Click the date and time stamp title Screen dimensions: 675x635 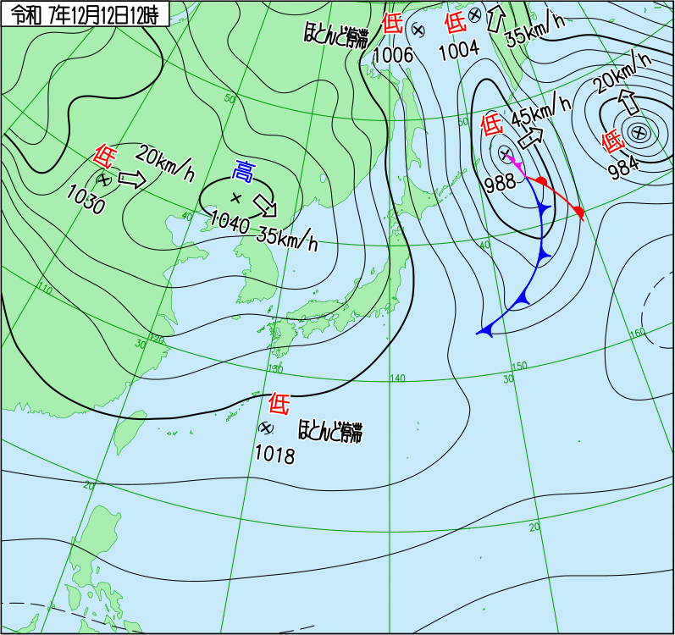85,12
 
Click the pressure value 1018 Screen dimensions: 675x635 274,456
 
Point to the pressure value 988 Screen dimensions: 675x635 501,185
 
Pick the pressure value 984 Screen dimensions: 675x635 623,167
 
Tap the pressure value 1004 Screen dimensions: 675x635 459,48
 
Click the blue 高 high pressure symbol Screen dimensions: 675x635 243,172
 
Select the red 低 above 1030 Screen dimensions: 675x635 104,155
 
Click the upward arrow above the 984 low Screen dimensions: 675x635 629,101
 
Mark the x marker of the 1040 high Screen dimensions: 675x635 235,198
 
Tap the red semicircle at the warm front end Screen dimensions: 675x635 578,211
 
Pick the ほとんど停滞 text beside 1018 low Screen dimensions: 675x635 330,432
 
